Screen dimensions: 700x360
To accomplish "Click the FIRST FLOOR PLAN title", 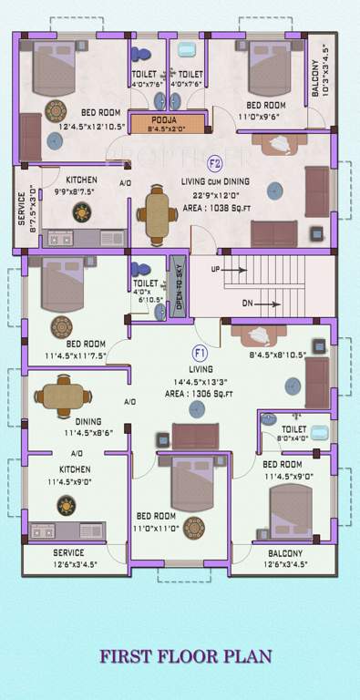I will click(180, 655).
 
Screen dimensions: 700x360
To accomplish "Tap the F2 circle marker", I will click(215, 164).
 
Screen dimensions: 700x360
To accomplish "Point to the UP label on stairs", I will click(215, 270).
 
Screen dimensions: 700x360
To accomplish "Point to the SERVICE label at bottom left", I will click(67, 553).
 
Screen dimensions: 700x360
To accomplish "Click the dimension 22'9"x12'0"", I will click(215, 195).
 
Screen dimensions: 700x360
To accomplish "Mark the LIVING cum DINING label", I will click(216, 182).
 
